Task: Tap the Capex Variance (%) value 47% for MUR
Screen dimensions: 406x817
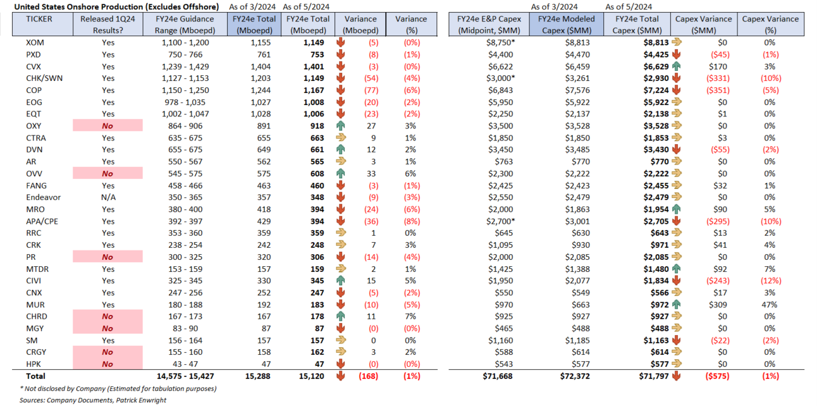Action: click(770, 304)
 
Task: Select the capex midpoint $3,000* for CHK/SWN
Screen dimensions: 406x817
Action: click(493, 78)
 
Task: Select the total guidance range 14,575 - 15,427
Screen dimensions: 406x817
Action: click(179, 376)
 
